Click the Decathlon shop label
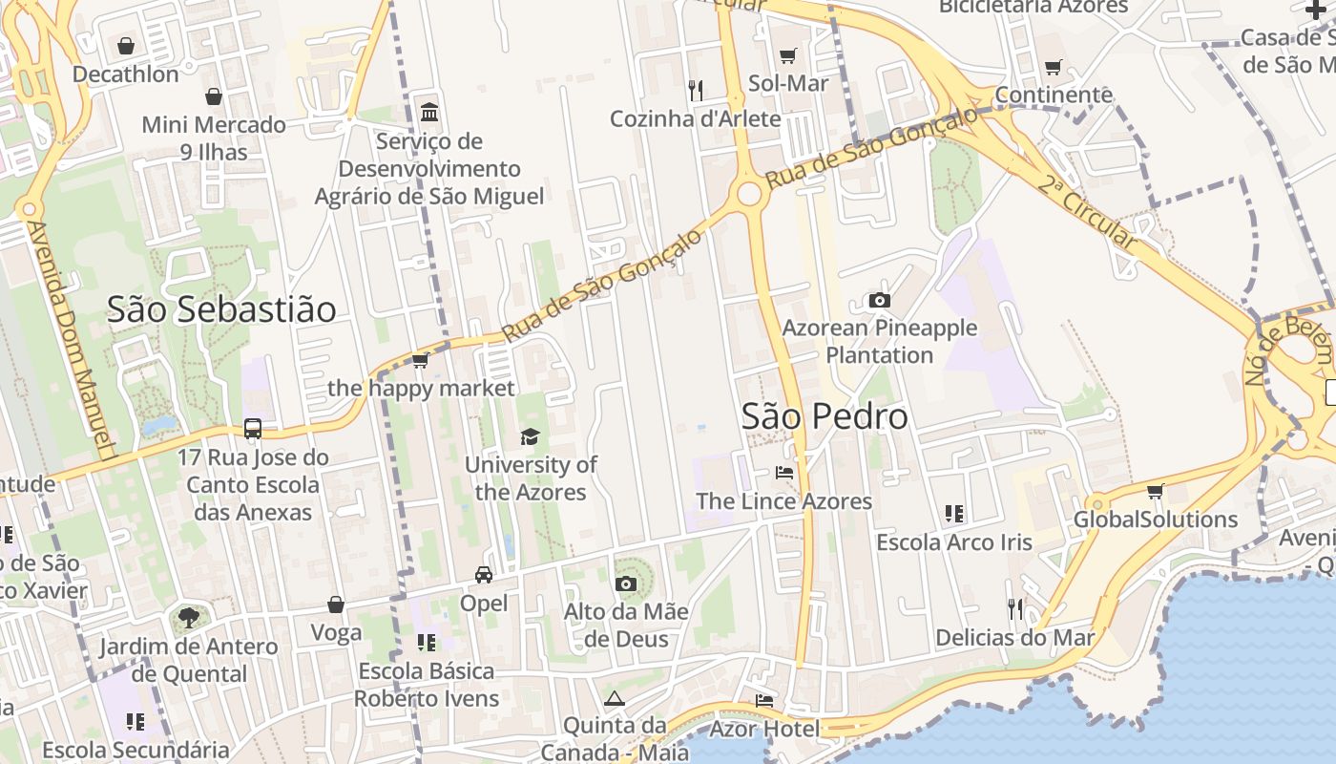(126, 74)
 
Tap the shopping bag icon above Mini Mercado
(214, 96)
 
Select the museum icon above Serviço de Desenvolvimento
(429, 112)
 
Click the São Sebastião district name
(221, 309)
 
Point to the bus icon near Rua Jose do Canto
(253, 429)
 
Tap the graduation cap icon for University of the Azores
(530, 436)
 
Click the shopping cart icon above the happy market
(420, 360)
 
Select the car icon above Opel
(484, 574)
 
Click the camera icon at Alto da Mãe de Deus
(626, 584)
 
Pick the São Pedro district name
(825, 416)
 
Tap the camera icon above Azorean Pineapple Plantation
(880, 300)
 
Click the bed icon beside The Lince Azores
(784, 472)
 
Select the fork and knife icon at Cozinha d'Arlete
(696, 91)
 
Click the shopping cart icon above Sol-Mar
(787, 55)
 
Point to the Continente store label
(1054, 95)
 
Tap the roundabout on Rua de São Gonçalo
(749, 194)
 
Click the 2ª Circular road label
(1088, 212)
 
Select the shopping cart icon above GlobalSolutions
(1156, 491)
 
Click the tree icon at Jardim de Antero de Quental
(189, 618)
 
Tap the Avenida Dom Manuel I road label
(71, 339)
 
